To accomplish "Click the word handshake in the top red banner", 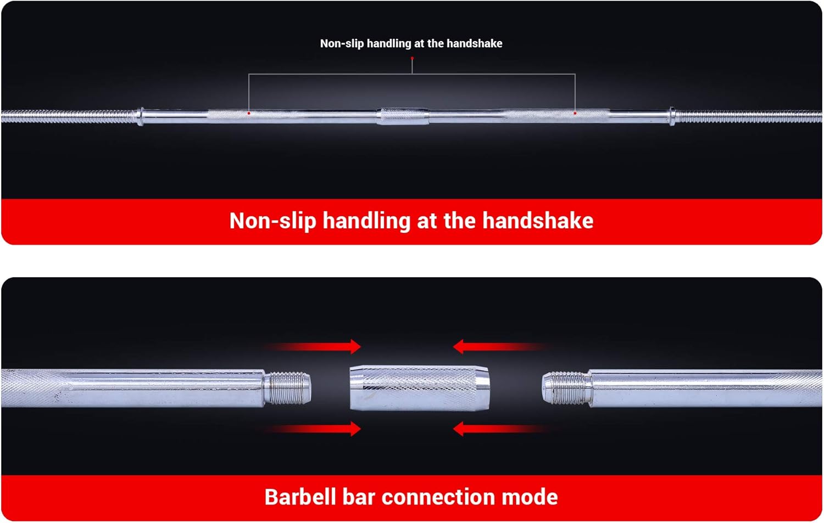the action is (538, 221).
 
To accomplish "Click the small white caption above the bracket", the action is (411, 43).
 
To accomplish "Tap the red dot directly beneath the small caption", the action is (412, 58).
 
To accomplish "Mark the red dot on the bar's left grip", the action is (249, 113).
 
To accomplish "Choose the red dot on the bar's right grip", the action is (575, 113).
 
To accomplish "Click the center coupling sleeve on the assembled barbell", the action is (403, 116).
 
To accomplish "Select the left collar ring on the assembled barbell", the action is (140, 116).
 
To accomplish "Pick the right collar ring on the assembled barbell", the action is (672, 116).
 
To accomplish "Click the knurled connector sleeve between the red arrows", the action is (419, 388).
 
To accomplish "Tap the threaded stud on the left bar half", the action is (288, 388).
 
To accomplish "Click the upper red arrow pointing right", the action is (313, 347).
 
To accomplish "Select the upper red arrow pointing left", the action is (502, 347).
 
